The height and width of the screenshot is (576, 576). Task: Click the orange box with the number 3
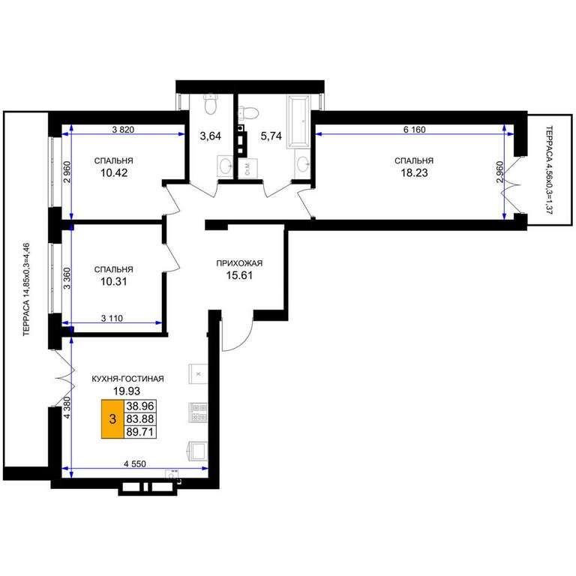[112, 418]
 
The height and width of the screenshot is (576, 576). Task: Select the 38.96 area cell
[140, 406]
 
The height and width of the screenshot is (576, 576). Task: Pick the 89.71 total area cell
[140, 432]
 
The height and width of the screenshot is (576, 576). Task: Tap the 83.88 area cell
[140, 418]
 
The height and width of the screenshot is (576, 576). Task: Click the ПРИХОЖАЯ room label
[239, 263]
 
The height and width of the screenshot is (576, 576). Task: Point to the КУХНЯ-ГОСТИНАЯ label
[127, 379]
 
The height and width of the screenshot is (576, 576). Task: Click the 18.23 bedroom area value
[414, 173]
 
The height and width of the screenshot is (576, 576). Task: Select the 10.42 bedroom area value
[114, 173]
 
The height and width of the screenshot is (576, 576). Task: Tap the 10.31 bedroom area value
[114, 282]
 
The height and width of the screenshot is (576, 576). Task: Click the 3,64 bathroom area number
[211, 136]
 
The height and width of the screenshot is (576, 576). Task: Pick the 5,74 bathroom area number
[271, 136]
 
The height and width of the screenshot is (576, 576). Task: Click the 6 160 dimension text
[414, 130]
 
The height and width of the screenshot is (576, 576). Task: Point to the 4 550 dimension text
[135, 464]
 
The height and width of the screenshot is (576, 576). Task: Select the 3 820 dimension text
[123, 129]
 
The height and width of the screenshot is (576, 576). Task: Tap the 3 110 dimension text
[112, 319]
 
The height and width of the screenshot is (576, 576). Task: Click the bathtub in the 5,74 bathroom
[298, 122]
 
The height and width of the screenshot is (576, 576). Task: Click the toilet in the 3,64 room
[211, 104]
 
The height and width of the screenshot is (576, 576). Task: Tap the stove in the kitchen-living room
[198, 412]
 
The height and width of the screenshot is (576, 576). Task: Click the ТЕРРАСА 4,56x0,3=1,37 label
[549, 170]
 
